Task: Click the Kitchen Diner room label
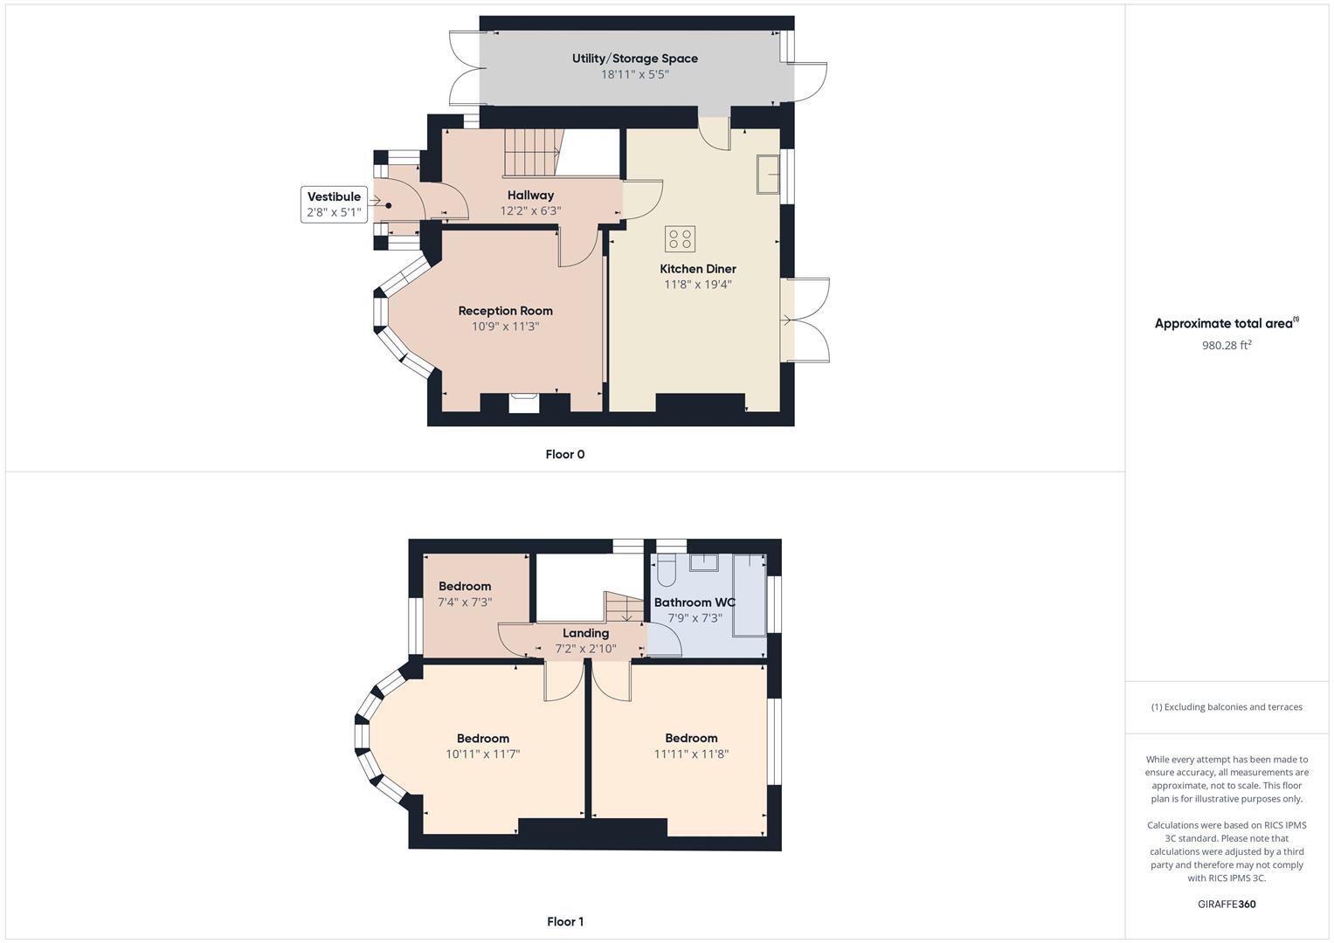697,269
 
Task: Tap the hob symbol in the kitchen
680,238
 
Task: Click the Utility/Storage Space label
634,59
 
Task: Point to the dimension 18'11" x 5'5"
634,75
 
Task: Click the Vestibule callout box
334,204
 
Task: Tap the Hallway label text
530,195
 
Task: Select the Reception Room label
505,311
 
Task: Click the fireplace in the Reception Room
525,401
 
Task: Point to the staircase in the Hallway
531,152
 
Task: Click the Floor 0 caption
564,454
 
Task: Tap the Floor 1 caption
564,921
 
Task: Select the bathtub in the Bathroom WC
749,594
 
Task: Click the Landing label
585,633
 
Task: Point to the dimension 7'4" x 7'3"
465,602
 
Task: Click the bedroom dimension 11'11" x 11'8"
691,754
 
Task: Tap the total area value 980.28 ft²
1227,345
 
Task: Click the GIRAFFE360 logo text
1227,904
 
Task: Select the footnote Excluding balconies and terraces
1227,707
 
